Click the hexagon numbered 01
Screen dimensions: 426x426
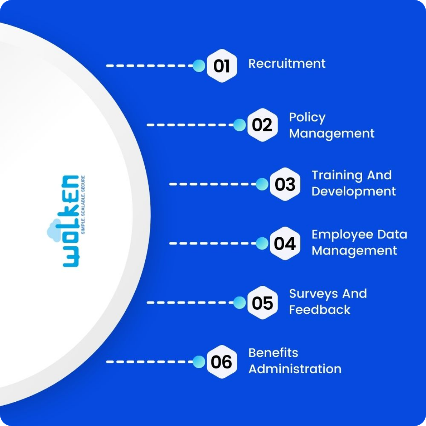222,66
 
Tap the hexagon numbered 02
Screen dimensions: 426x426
262,125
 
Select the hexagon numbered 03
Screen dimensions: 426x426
285,184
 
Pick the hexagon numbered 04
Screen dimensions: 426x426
285,243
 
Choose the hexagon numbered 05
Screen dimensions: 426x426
262,303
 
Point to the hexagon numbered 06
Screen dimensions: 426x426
222,362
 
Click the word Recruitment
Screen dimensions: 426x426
287,63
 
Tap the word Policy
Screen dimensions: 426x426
307,117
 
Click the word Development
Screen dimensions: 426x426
354,191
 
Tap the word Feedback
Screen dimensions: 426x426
319,310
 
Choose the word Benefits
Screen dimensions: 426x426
273,353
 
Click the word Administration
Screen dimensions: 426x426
295,369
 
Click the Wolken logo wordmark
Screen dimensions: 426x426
70,221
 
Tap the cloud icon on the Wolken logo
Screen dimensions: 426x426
54,231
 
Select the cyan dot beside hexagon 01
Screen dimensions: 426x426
199,66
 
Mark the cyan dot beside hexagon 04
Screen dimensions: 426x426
262,243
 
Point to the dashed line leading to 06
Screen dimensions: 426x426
149,362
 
